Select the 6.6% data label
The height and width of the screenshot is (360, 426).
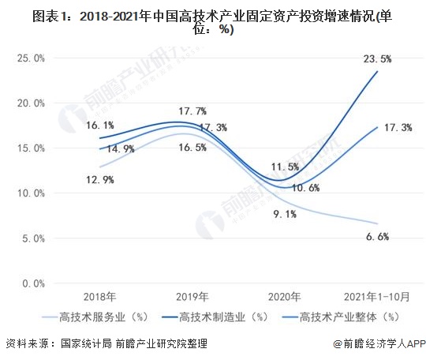click(x=377, y=235)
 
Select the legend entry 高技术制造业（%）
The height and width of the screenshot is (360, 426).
click(x=212, y=319)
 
